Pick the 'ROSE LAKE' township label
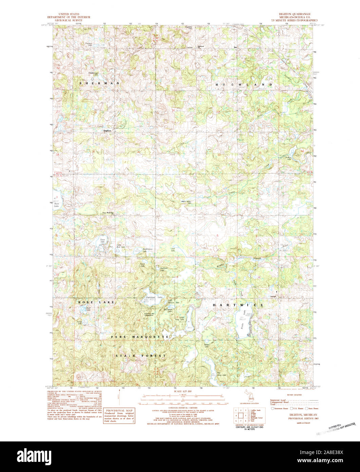pos(96,302)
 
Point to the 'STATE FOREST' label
pos(140,356)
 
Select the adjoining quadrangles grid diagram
pos(241,415)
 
